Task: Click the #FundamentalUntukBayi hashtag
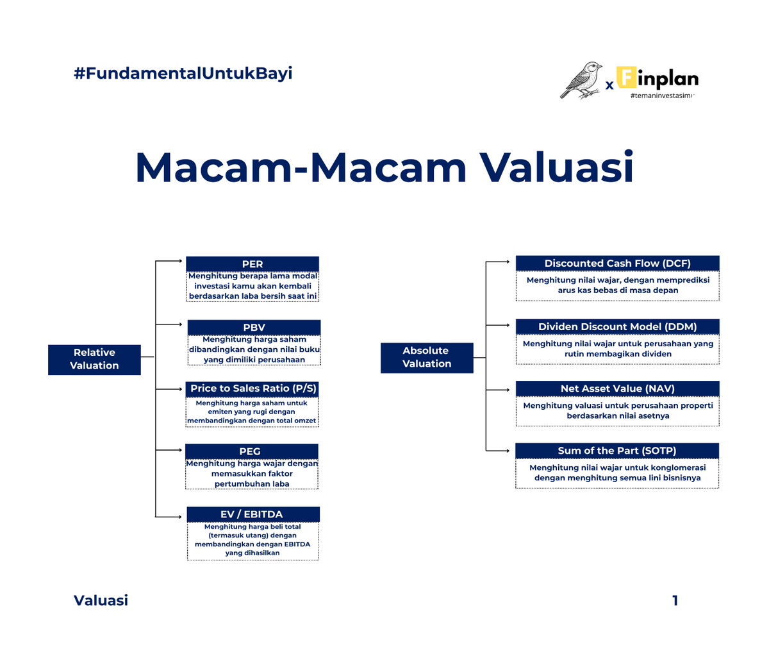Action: [183, 73]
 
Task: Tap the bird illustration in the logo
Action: [582, 80]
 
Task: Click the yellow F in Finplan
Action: [626, 78]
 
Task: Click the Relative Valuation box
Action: [94, 359]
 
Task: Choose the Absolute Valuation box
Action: [427, 357]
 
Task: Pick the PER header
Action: [252, 264]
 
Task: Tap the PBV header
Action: [254, 327]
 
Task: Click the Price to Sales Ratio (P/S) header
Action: [253, 389]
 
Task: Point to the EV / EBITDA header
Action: [252, 514]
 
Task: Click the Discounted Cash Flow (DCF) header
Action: [617, 263]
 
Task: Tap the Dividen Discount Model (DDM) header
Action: [617, 326]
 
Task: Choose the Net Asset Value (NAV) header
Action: [617, 389]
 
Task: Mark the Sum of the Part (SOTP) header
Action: [617, 450]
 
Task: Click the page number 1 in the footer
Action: [675, 601]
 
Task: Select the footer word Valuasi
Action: [101, 601]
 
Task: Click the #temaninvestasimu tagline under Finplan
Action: [662, 96]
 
